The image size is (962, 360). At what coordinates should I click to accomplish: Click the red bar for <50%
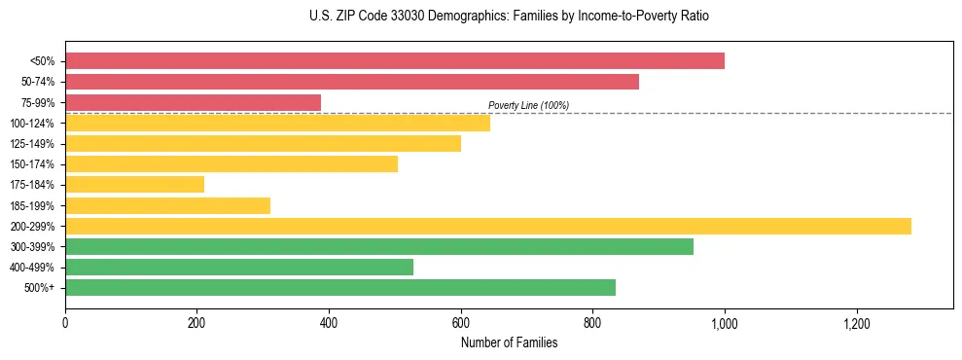pyautogui.click(x=394, y=60)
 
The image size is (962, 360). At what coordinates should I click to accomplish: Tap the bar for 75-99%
pyautogui.click(x=193, y=102)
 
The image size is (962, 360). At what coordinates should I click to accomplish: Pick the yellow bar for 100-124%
pyautogui.click(x=277, y=123)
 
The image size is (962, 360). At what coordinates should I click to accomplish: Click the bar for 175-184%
pyautogui.click(x=134, y=184)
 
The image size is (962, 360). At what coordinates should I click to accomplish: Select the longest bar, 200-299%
pyautogui.click(x=487, y=226)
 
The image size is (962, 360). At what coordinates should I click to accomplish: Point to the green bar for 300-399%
pyautogui.click(x=378, y=246)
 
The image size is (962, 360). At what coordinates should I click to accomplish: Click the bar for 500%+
pyautogui.click(x=339, y=287)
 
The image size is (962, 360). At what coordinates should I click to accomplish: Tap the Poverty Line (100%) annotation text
pyautogui.click(x=528, y=105)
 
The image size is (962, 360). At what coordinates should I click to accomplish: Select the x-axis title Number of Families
pyautogui.click(x=509, y=342)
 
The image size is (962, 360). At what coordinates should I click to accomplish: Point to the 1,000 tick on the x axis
pyautogui.click(x=725, y=322)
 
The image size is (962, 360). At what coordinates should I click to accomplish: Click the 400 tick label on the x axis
pyautogui.click(x=329, y=322)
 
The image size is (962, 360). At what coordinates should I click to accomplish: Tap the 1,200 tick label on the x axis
pyautogui.click(x=856, y=322)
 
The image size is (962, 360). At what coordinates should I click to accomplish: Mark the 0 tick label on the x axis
pyautogui.click(x=65, y=322)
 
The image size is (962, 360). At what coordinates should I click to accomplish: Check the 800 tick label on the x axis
pyautogui.click(x=592, y=322)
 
